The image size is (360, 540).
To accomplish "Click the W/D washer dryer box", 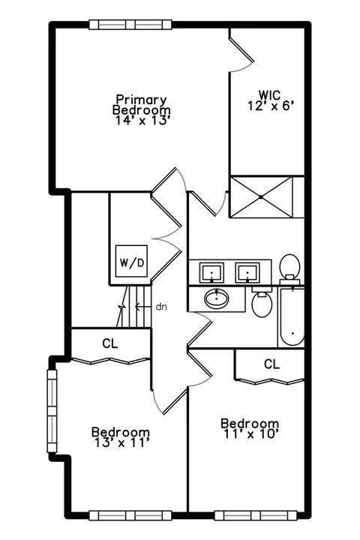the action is (131, 261).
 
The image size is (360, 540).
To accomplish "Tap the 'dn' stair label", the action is (161, 307).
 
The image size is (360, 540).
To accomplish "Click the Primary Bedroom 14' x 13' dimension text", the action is (142, 121).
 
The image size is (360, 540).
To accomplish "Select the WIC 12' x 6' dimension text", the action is (271, 106).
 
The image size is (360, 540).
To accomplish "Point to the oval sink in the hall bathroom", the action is (216, 298).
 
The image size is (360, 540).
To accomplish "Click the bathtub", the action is (292, 316).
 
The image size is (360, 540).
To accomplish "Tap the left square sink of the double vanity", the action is (211, 273).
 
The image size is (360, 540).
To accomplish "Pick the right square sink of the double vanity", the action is (247, 273).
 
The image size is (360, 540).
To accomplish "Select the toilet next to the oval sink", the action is (262, 303).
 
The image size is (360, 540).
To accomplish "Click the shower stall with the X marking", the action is (261, 197).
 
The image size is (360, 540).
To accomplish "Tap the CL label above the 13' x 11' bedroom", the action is (110, 343).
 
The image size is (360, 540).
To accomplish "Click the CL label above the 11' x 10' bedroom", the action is (272, 364).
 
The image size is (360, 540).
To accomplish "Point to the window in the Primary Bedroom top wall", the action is (130, 25).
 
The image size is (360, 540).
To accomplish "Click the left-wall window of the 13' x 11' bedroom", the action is (52, 411).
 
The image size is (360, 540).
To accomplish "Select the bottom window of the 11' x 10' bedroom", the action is (256, 515).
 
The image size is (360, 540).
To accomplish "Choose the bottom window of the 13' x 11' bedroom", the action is (130, 515).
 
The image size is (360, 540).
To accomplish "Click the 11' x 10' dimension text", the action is (250, 434).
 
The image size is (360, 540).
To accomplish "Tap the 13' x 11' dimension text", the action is (121, 443).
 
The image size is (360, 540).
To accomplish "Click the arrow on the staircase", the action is (143, 306).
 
